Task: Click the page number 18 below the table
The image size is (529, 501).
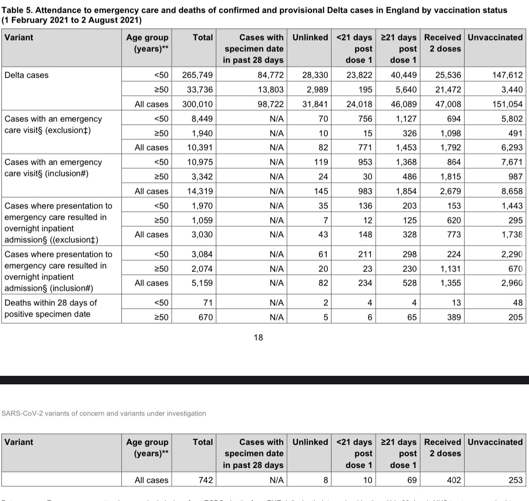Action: point(258,337)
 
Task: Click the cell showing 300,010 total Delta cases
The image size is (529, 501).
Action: point(197,104)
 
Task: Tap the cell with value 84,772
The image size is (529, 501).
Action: point(268,75)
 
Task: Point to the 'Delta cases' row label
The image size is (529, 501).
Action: point(26,75)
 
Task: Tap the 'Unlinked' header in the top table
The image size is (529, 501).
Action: point(310,38)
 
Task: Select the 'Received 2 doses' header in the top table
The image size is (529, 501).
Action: point(442,43)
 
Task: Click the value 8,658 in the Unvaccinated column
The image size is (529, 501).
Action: point(510,191)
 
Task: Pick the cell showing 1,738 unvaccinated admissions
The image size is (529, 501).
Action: point(510,234)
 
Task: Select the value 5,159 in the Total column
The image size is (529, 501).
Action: point(202,283)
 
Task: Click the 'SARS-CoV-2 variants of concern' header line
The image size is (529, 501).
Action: point(104,413)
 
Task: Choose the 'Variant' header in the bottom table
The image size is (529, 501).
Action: point(19,442)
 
